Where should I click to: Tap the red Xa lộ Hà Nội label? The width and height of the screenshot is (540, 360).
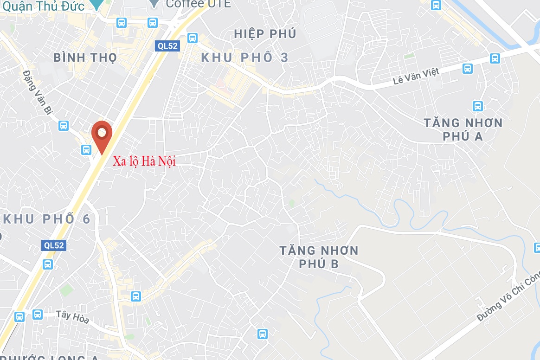[x=144, y=161]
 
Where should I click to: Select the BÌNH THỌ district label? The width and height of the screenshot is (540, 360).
[x=85, y=58]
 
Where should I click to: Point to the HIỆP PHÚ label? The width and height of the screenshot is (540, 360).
[x=265, y=34]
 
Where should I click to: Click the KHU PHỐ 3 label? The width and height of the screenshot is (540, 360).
[x=244, y=58]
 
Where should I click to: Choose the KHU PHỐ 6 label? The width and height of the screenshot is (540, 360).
[x=46, y=219]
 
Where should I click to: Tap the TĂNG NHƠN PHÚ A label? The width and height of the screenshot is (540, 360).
[x=463, y=129]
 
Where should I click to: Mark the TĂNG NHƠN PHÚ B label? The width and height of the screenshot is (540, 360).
[x=319, y=257]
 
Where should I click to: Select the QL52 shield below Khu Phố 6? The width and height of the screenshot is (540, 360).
[x=53, y=246]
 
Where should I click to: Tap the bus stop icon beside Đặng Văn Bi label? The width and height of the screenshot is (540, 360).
[x=64, y=125]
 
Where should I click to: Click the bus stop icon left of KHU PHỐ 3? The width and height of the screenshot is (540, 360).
[x=193, y=38]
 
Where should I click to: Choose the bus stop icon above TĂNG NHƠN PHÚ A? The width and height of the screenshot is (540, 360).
[x=477, y=106]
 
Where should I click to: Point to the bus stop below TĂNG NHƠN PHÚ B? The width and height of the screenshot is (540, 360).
[x=263, y=333]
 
